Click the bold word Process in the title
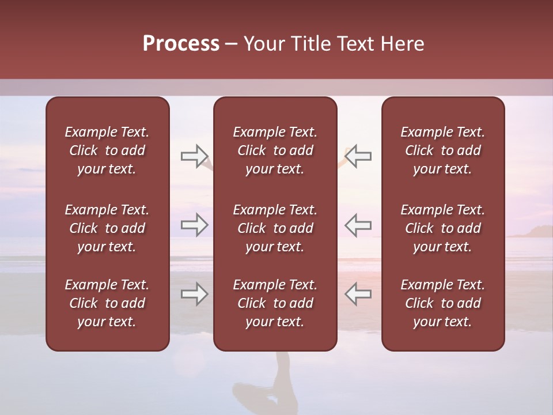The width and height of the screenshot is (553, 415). tap(181, 44)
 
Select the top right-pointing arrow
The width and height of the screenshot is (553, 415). tap(194, 156)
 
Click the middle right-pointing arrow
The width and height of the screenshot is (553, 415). tap(194, 225)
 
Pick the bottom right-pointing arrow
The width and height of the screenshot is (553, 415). tap(194, 295)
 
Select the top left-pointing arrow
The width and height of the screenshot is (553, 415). tap(358, 156)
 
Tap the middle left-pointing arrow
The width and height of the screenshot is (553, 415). tap(358, 225)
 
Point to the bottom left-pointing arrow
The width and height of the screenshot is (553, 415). tap(358, 295)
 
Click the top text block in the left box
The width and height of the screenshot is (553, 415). tap(107, 150)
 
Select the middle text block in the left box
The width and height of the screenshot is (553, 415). tap(107, 228)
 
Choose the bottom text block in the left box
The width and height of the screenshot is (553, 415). tap(107, 303)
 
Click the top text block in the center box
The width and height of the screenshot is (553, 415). tap(275, 150)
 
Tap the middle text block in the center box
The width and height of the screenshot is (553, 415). tap(275, 228)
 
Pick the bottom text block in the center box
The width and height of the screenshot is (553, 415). tap(275, 303)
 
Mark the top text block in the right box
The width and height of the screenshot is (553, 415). tap(443, 150)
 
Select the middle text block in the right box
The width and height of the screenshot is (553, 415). tap(443, 228)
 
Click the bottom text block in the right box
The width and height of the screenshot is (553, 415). tap(443, 303)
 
